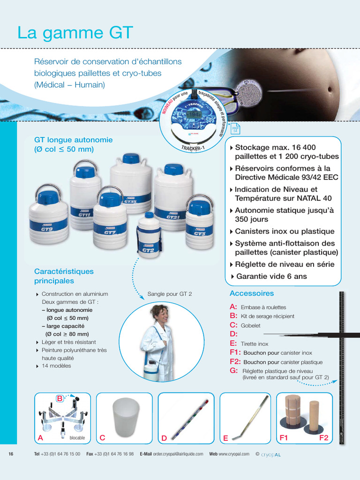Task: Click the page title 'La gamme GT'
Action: pyautogui.click(x=75, y=33)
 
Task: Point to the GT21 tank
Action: pyautogui.click(x=173, y=197)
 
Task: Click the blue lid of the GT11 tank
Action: pyautogui.click(x=85, y=172)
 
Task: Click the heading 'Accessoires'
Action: pyautogui.click(x=252, y=293)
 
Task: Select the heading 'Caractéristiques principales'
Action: pyautogui.click(x=64, y=276)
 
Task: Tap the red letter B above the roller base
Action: pyautogui.click(x=60, y=398)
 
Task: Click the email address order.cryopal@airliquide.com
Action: pyautogui.click(x=178, y=454)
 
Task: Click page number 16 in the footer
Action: pyautogui.click(x=11, y=454)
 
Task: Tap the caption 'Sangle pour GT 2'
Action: pyautogui.click(x=170, y=294)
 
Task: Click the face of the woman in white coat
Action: pyautogui.click(x=161, y=314)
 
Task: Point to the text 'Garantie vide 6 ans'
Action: pyautogui.click(x=271, y=276)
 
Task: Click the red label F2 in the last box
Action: pyautogui.click(x=323, y=438)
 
